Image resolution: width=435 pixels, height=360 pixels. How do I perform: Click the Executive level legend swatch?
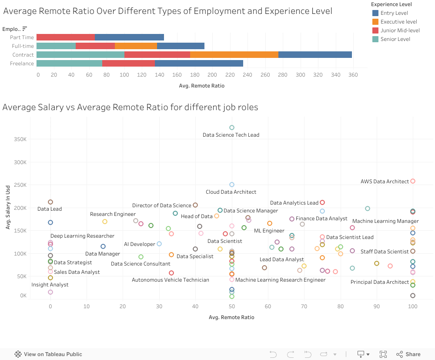point(375,22)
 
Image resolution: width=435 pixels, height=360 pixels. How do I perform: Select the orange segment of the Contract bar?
point(234,55)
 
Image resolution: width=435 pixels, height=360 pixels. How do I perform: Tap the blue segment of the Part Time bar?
point(129,37)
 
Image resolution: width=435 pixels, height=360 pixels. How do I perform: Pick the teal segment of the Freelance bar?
point(69,64)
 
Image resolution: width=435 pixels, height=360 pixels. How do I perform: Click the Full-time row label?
point(23,46)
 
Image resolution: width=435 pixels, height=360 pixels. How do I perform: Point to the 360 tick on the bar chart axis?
point(353,75)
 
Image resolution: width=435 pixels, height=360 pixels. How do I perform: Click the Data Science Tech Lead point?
point(232,128)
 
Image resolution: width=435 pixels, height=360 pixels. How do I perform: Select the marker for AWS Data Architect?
point(413,181)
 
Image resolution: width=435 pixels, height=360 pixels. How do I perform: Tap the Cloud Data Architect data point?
point(232,185)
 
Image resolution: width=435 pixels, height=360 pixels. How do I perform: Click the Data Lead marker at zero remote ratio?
point(50,202)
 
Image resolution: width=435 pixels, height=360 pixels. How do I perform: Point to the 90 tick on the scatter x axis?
point(377,306)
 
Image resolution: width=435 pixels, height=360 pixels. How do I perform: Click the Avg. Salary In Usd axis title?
point(8,208)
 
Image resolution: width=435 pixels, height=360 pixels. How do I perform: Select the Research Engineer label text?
point(113,214)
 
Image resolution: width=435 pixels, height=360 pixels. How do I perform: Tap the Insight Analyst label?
point(50,285)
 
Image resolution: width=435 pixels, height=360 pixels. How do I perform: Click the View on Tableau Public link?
point(53,354)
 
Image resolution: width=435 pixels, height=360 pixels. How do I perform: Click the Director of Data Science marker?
point(195,205)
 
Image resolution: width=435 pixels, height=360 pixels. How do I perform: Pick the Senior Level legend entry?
point(395,39)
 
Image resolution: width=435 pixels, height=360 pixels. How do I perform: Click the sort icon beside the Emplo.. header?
point(25,29)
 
